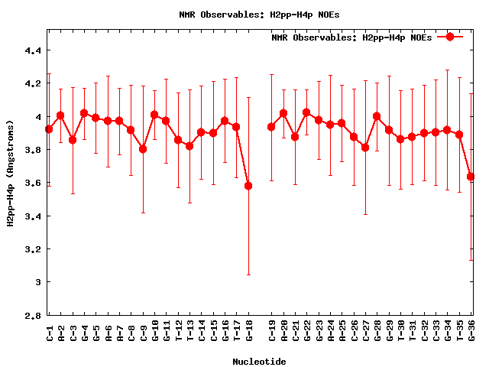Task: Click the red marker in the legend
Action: click(x=450, y=37)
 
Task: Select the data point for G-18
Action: click(x=248, y=186)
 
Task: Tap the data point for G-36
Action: click(x=471, y=177)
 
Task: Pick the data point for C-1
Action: click(x=49, y=129)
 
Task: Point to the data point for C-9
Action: click(x=143, y=149)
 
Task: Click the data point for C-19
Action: click(x=271, y=127)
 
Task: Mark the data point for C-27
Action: click(x=365, y=148)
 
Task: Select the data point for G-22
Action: click(x=306, y=112)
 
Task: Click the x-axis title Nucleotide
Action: click(x=260, y=362)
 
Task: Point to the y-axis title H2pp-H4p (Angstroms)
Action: click(x=10, y=173)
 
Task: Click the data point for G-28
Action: click(x=377, y=116)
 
